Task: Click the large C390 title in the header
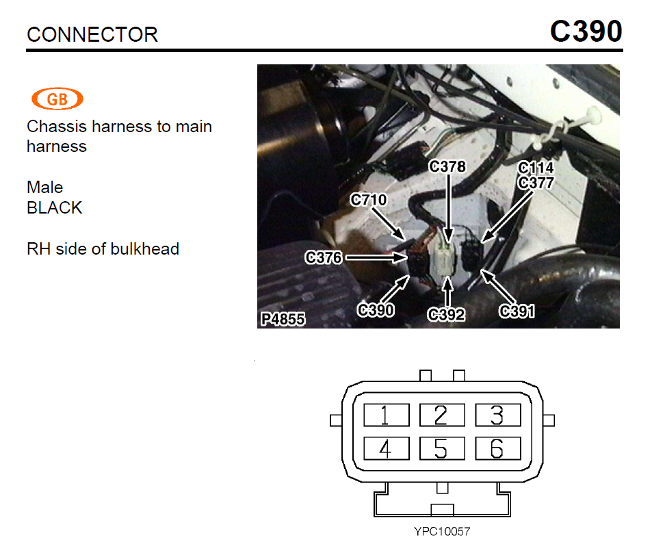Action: [x=586, y=31]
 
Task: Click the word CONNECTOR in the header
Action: [x=92, y=35]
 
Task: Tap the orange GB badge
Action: [x=57, y=100]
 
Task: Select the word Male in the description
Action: [x=44, y=188]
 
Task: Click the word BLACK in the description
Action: [x=55, y=207]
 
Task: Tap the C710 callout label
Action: [x=368, y=201]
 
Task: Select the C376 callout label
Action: [x=324, y=257]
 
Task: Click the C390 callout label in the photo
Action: [x=376, y=310]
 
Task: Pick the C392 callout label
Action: [x=446, y=314]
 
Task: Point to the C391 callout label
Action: [x=517, y=311]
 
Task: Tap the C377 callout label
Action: [x=536, y=182]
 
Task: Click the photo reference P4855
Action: [x=283, y=319]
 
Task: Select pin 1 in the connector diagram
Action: [x=386, y=415]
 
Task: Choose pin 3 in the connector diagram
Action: [x=497, y=415]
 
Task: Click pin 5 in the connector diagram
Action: [x=441, y=449]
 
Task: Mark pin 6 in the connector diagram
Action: [x=497, y=449]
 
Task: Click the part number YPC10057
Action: [x=442, y=531]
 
